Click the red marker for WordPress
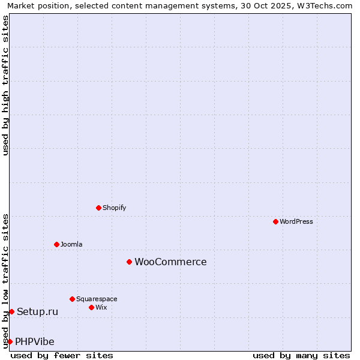pos(275,221)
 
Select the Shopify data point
pos(98,208)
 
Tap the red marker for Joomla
pos(56,244)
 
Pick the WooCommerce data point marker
pos(129,262)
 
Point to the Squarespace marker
pos(72,299)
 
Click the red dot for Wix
pos(91,307)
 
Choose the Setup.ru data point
pos(11,311)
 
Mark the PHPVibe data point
pos(10,341)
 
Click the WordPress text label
pos(296,221)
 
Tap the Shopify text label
pos(115,208)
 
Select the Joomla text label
pos(71,244)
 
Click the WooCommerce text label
pos(170,262)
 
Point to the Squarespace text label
pos(97,299)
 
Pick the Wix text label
pos(101,307)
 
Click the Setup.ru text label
pos(38,311)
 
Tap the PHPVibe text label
pos(35,341)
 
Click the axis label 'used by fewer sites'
pos(62,355)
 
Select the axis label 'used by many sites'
pos(301,355)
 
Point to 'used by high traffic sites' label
pos(5,85)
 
